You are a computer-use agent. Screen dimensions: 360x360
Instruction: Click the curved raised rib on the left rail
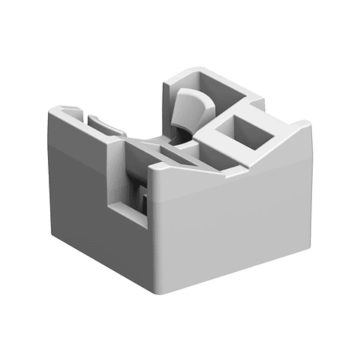(x=105, y=123)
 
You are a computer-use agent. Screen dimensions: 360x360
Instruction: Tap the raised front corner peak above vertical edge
(x=153, y=166)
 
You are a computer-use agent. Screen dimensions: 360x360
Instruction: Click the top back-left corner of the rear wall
(x=166, y=73)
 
